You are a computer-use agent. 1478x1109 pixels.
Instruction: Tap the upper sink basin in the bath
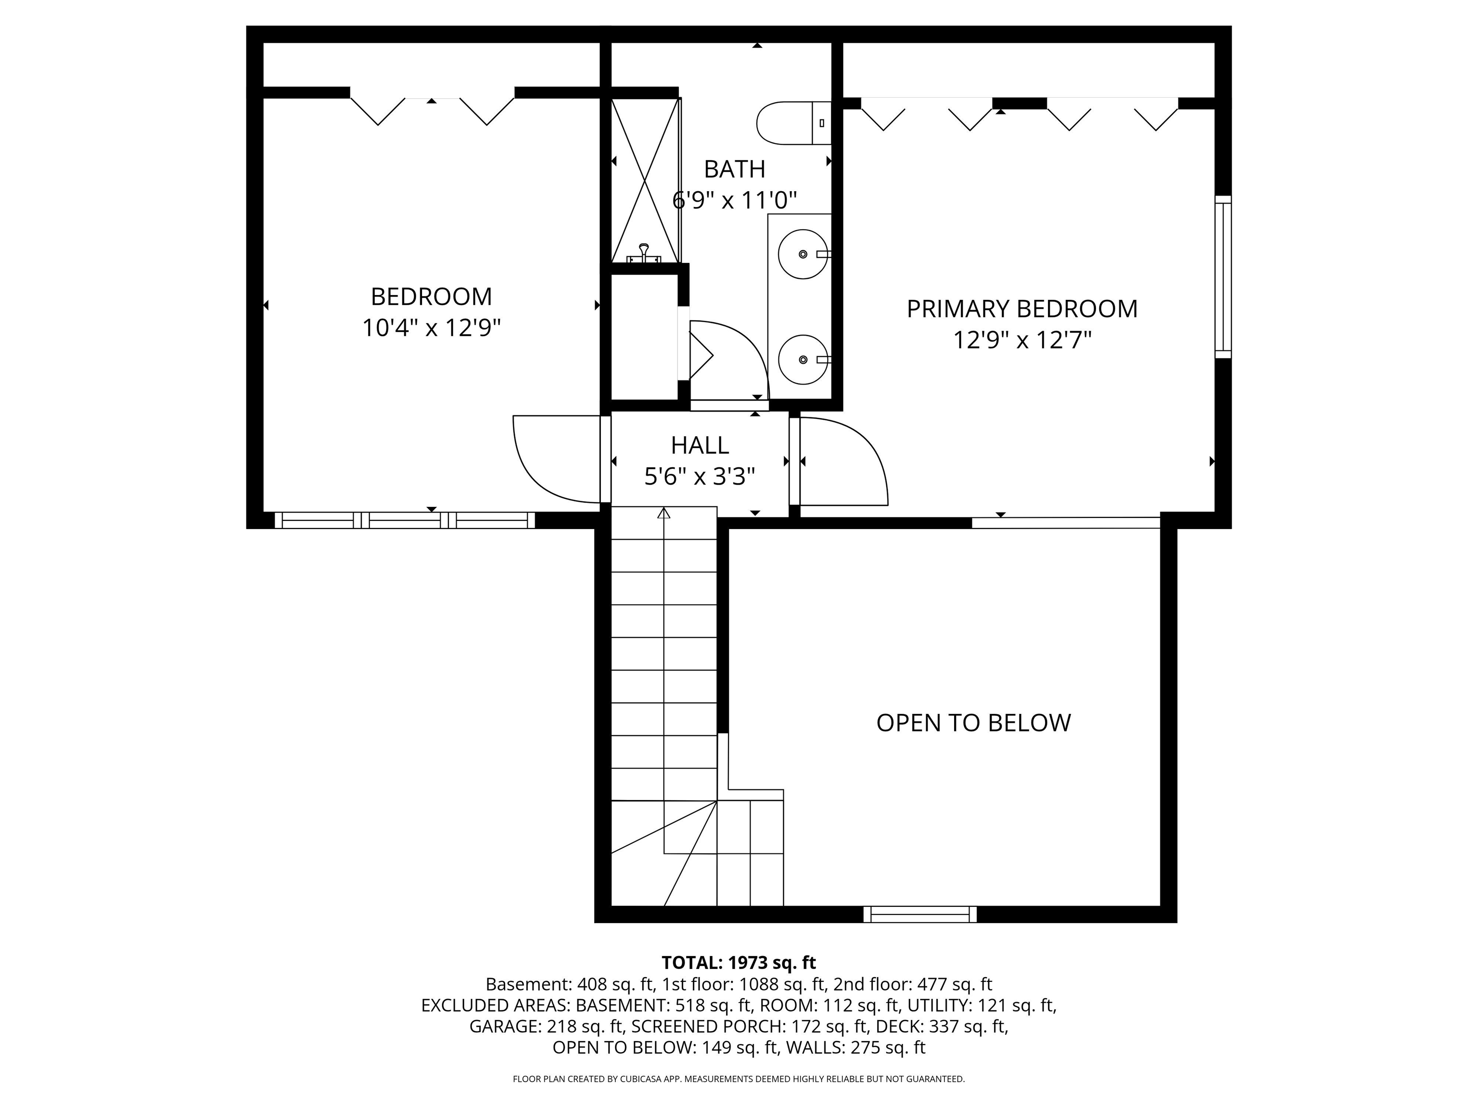pos(803,254)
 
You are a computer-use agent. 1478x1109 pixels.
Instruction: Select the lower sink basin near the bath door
pos(803,359)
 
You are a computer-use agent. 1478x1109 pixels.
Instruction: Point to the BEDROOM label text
pos(431,296)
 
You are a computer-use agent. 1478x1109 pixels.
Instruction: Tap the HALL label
pos(700,445)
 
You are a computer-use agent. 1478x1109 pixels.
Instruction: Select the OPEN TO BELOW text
pos(973,722)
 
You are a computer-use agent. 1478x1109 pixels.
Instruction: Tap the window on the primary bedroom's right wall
pos(1222,276)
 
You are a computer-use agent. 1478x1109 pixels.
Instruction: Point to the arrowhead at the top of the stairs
pos(663,514)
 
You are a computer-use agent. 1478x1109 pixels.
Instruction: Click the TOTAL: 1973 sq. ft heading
pos(739,963)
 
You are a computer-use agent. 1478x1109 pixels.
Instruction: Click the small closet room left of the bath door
pos(644,337)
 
